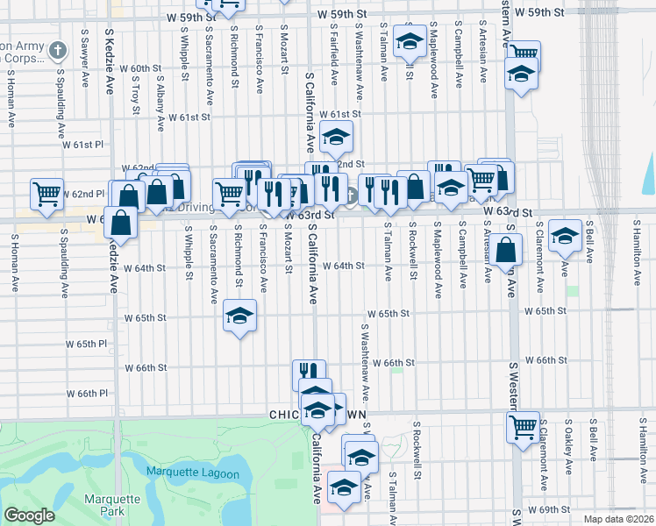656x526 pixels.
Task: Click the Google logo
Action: (29, 515)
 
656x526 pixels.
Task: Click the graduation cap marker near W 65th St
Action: (239, 316)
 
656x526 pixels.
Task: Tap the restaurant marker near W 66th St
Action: (309, 374)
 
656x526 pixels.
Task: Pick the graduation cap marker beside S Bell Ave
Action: (564, 234)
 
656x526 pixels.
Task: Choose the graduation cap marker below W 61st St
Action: (335, 136)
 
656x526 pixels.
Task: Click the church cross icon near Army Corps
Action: (59, 49)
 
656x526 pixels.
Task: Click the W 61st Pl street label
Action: (89, 145)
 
